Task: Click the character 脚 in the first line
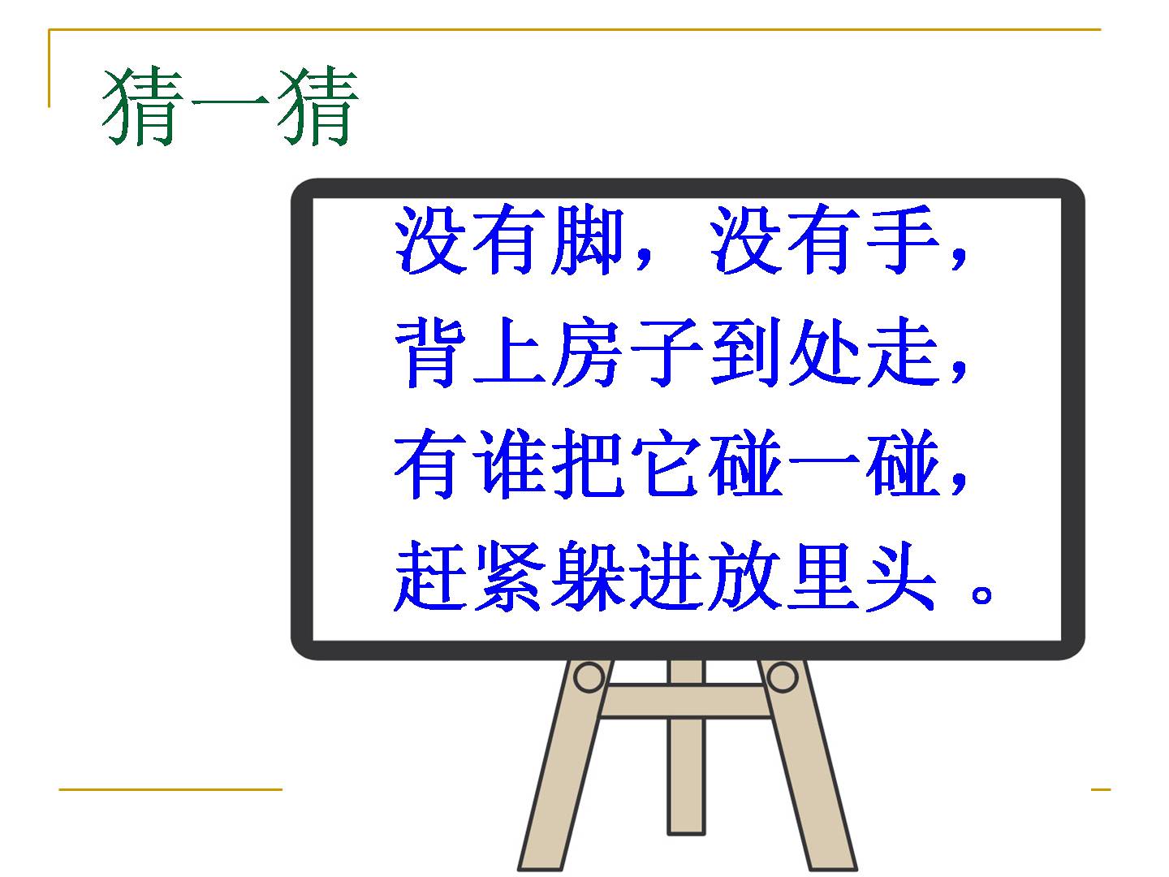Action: [588, 240]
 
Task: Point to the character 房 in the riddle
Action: [588, 352]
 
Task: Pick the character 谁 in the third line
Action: [509, 464]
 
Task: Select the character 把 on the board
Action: [588, 464]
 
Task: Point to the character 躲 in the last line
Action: [588, 576]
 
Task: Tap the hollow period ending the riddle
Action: [981, 593]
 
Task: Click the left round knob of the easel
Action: [589, 677]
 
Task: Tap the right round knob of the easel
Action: [782, 677]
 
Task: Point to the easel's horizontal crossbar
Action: [685, 701]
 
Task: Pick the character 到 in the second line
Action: [745, 352]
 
